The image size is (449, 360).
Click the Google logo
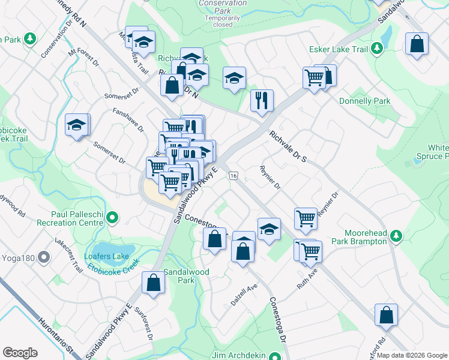20,353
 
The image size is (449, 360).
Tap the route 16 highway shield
234,175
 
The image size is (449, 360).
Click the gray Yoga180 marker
43,258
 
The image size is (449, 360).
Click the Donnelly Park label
364,101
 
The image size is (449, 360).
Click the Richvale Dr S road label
288,146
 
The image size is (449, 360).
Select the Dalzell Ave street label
244,293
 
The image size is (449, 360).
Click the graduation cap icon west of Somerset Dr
77,125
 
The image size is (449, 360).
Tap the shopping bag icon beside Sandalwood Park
154,283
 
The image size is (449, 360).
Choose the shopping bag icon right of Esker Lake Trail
417,44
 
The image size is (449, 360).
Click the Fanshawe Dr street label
128,119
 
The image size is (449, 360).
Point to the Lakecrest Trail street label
68,257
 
